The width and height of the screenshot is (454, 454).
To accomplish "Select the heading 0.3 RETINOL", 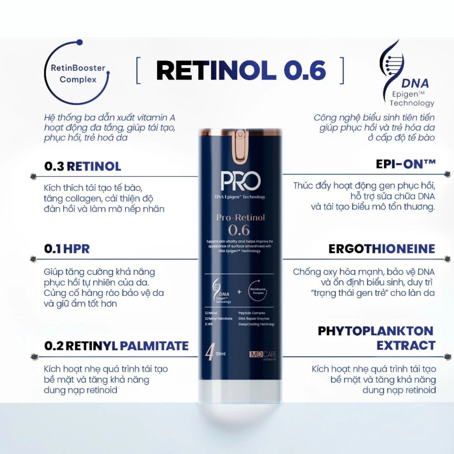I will (82, 166).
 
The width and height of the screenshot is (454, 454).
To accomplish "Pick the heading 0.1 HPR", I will (67, 249).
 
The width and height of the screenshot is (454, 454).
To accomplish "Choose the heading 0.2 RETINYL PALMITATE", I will (116, 345).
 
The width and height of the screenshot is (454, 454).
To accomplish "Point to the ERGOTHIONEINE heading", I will (382, 249).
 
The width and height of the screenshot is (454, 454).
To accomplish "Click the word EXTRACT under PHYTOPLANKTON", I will (406, 345).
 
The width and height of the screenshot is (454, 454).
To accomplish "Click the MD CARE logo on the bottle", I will (262, 355).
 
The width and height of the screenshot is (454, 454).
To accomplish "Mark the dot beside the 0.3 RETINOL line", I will (33, 176).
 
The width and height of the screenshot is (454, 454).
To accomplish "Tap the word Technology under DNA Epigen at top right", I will (412, 103).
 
